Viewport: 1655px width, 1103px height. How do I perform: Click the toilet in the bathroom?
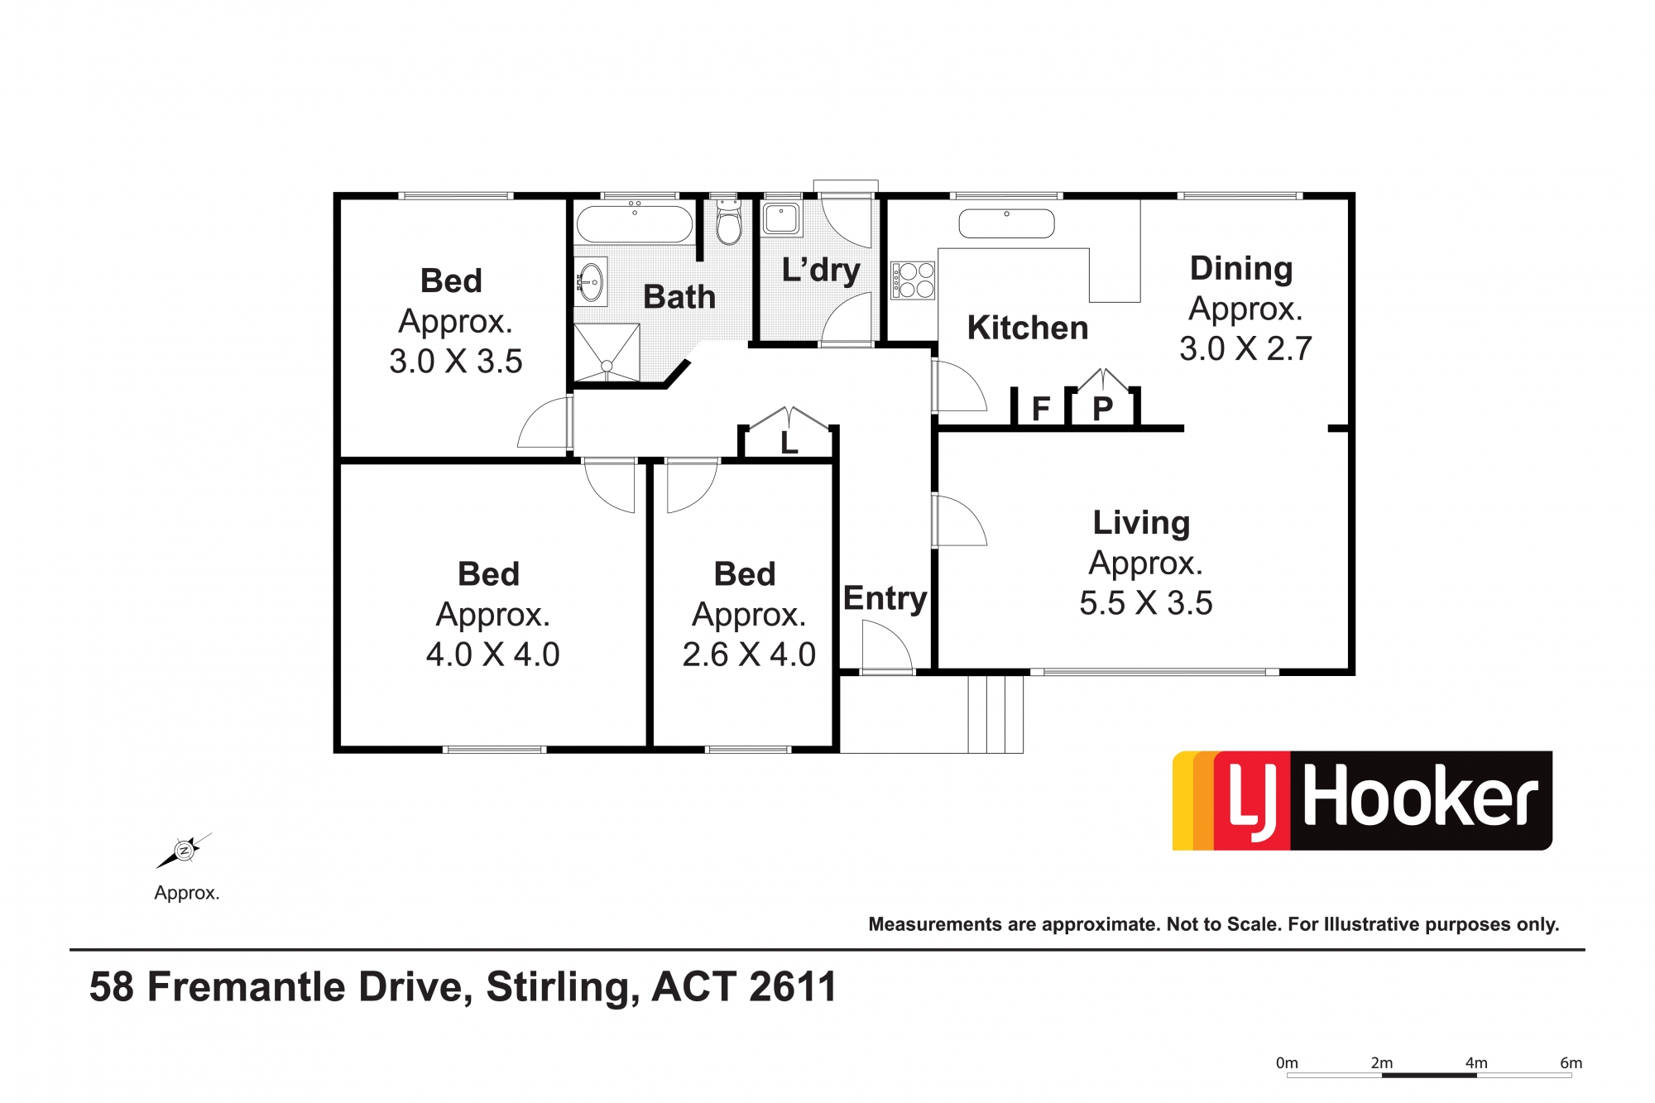728,222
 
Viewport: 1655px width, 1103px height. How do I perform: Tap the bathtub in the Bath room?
635,223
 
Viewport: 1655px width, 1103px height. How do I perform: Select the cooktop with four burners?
913,280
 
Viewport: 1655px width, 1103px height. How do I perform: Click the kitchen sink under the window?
1006,223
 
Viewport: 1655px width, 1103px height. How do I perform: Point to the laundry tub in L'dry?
781,218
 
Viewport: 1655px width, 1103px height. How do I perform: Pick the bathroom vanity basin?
590,282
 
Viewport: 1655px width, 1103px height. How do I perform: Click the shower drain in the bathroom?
607,365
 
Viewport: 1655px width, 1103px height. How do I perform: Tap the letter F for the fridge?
1041,408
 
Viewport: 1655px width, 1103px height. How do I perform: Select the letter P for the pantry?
1102,409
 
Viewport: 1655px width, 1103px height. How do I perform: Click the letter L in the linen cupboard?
789,443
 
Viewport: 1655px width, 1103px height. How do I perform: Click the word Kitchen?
1027,328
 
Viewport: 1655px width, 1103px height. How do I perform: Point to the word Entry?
885,598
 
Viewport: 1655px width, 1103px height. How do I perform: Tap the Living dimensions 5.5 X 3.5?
1145,603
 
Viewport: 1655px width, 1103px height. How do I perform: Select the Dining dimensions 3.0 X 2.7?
1245,348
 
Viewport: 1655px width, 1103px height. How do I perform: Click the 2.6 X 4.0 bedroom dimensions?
749,655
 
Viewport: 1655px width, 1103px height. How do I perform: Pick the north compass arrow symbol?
184,851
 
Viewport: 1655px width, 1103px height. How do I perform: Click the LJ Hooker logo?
1362,800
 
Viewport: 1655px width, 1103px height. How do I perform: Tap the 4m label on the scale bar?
1476,1062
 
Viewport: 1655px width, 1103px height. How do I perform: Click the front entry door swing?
887,645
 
